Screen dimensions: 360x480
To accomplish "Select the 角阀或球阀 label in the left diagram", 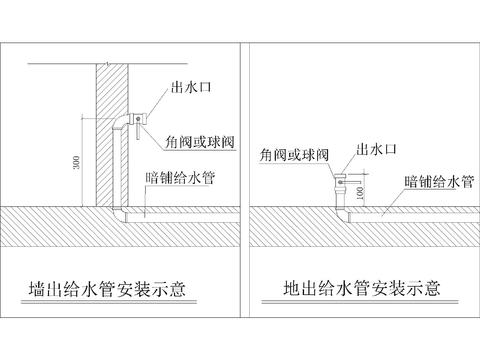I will point(200,142).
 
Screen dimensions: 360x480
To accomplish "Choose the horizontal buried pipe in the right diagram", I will point(400,212).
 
